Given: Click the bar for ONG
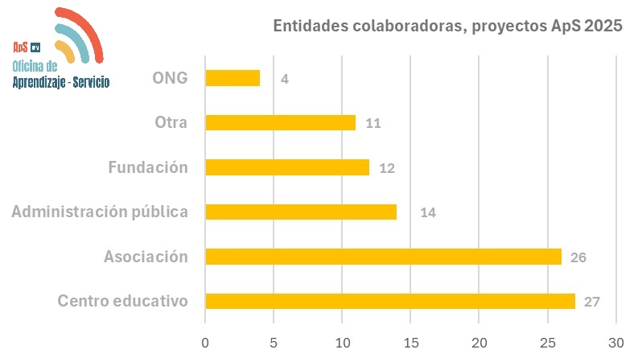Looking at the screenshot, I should (233, 78).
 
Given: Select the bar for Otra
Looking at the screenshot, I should (280, 122).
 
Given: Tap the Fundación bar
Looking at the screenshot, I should (287, 167).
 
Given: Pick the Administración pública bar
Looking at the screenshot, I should (301, 212).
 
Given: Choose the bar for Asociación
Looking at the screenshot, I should (383, 257).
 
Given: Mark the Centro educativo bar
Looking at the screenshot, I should (390, 301).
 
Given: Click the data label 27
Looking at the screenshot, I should (592, 302).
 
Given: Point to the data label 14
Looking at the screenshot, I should (427, 213).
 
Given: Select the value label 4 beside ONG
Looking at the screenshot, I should (285, 79).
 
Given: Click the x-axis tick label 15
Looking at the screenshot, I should (410, 342).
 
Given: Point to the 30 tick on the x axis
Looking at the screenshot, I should (616, 342).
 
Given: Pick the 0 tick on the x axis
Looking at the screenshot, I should (205, 342).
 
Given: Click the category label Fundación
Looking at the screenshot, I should (148, 167).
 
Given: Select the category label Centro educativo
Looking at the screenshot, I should (122, 301).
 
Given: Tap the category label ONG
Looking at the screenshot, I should (169, 78).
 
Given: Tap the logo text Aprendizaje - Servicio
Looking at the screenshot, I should (61, 81).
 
